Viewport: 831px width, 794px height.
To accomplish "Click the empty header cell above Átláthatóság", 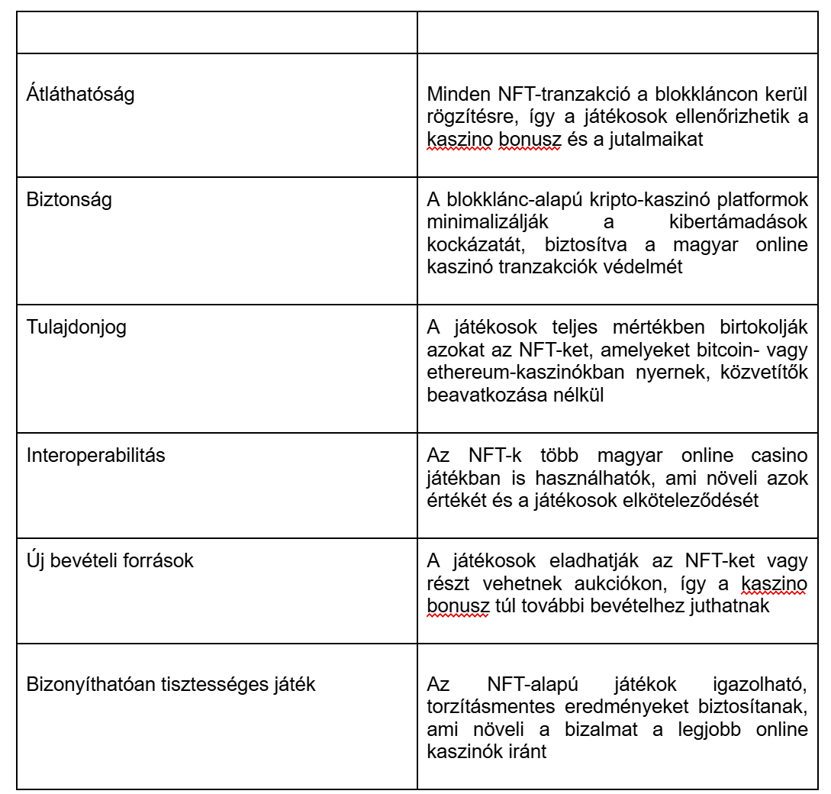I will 216,33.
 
